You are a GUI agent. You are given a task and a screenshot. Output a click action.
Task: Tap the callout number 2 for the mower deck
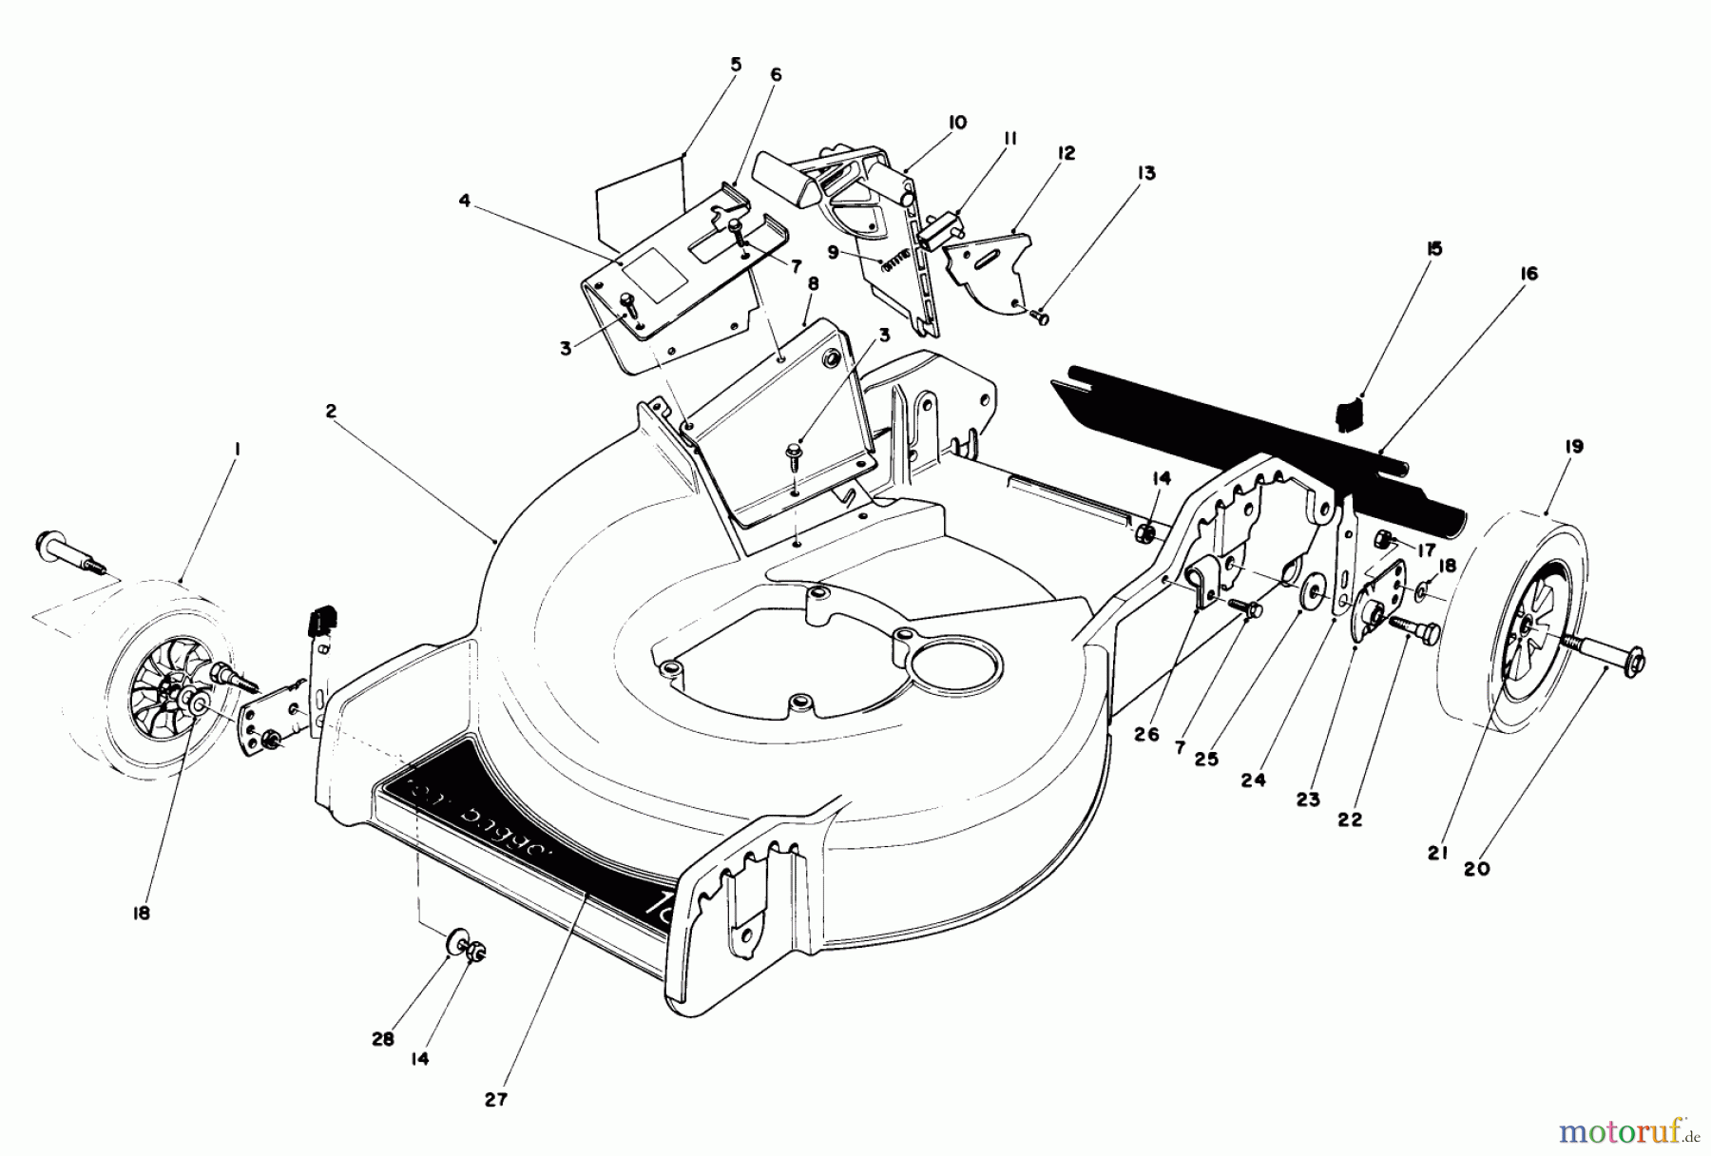tap(331, 412)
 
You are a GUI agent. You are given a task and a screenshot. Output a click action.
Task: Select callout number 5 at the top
tap(736, 65)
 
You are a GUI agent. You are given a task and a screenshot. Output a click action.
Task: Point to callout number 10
tap(956, 123)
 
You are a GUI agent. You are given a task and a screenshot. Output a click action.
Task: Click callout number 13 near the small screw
tap(1146, 173)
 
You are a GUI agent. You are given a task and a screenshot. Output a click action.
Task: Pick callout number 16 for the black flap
tap(1528, 274)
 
